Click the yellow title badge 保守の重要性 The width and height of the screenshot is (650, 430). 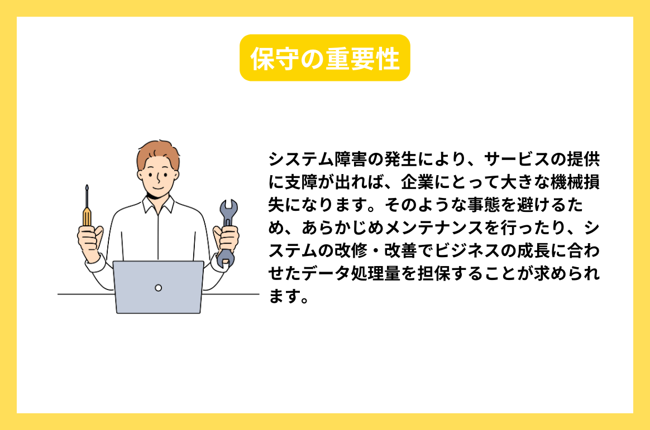(324, 58)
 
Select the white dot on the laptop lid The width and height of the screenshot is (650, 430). (158, 288)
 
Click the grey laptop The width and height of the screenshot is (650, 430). (158, 287)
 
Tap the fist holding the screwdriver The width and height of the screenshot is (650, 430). (89, 238)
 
